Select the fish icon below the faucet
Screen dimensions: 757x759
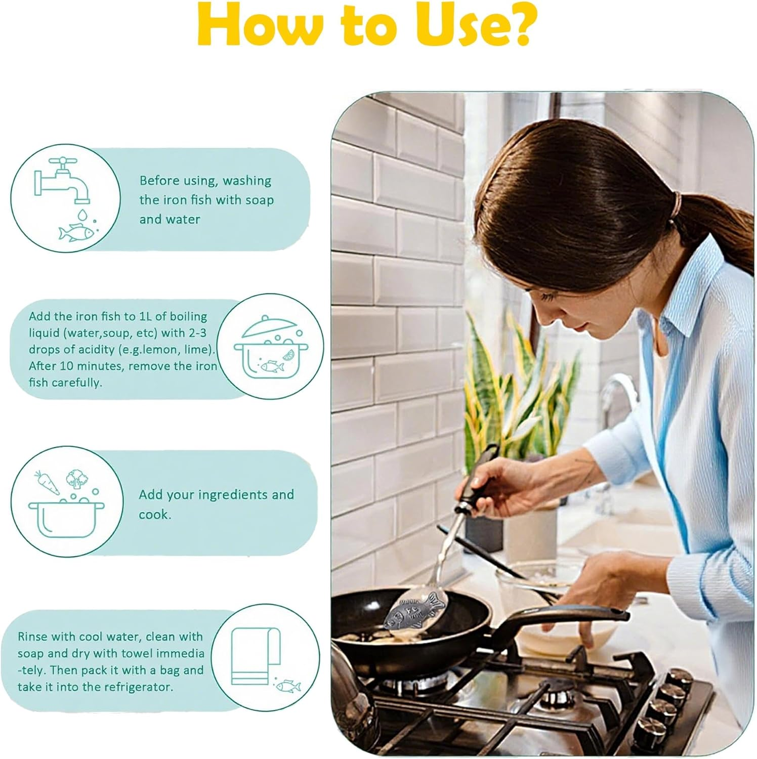pyautogui.click(x=76, y=232)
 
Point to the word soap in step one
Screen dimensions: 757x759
pyautogui.click(x=260, y=200)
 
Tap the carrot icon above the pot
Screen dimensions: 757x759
pyautogui.click(x=46, y=482)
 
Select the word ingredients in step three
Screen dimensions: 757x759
pyautogui.click(x=225, y=495)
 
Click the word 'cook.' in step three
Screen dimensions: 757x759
pyautogui.click(x=155, y=515)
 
